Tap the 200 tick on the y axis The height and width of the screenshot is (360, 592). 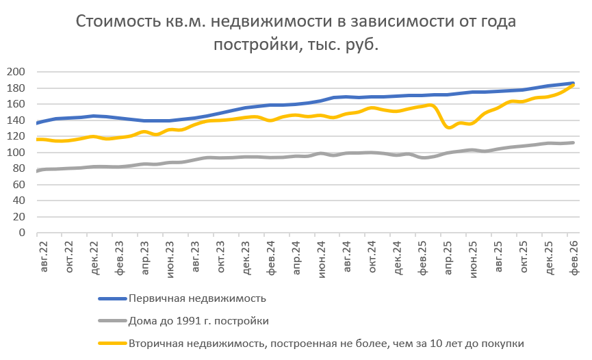[x=16, y=72]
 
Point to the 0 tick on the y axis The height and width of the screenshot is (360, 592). [x=22, y=233]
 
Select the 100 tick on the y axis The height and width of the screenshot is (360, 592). [x=16, y=153]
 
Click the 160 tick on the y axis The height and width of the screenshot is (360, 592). [x=16, y=104]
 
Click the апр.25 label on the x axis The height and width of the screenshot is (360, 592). [x=448, y=259]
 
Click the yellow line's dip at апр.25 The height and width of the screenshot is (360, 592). [x=448, y=127]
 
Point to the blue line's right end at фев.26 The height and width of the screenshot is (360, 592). [x=572, y=83]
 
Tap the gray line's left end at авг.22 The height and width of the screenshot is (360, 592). [x=37, y=170]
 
